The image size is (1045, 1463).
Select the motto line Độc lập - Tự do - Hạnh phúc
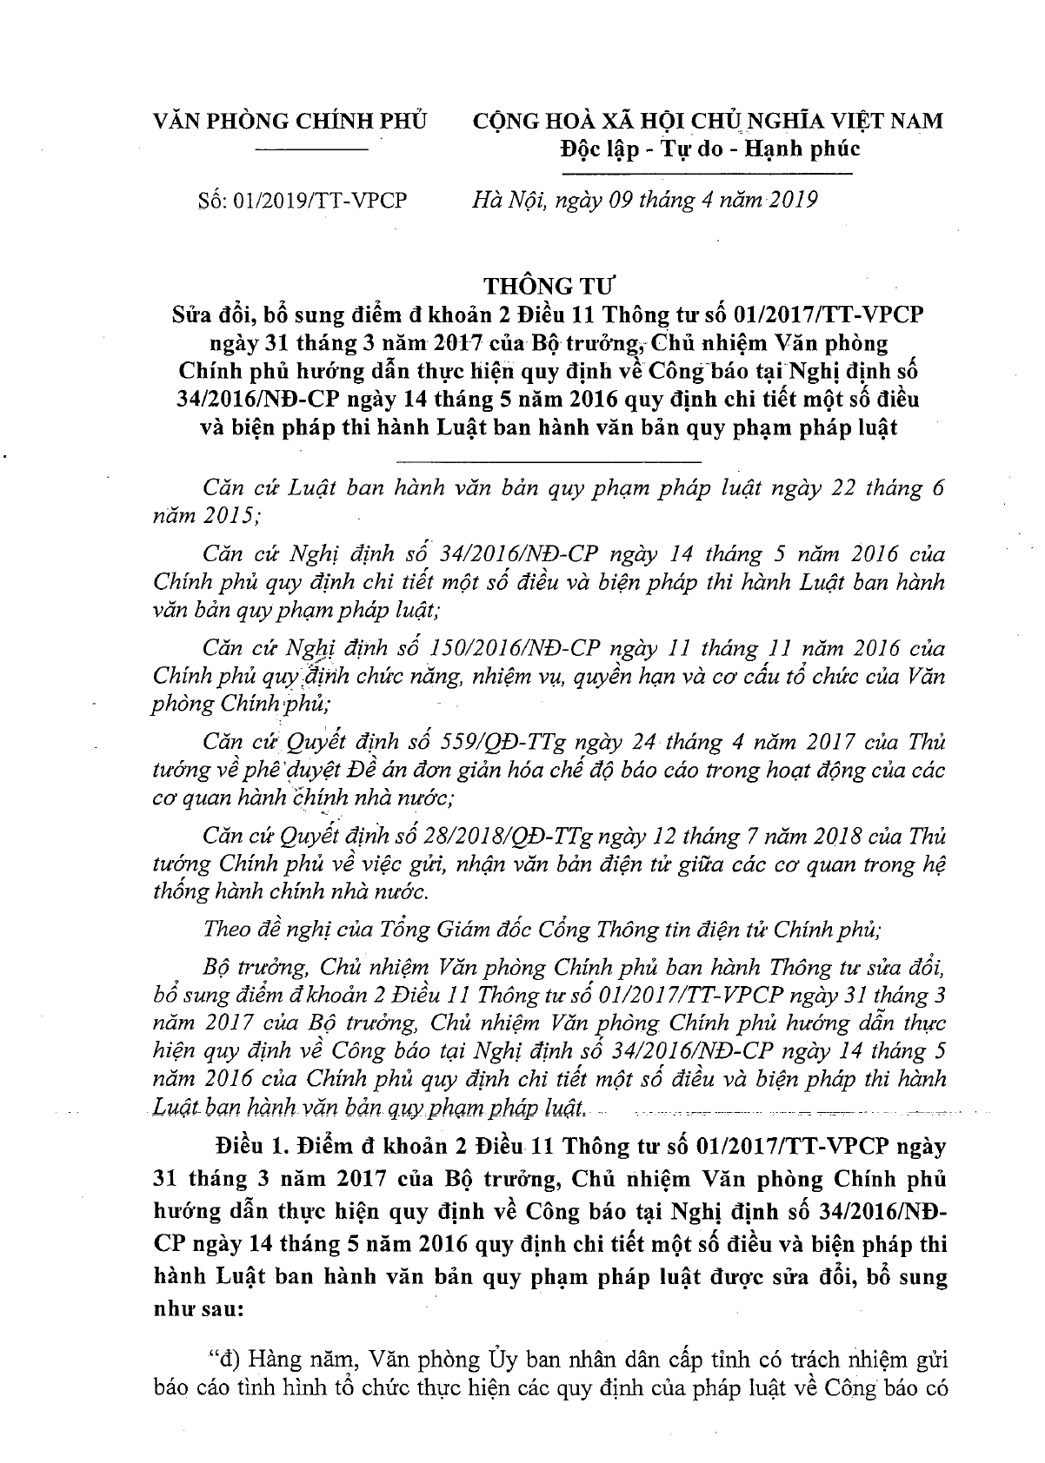click(709, 149)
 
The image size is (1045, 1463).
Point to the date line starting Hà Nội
click(642, 201)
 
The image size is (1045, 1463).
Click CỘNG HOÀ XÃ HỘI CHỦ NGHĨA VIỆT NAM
click(708, 121)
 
